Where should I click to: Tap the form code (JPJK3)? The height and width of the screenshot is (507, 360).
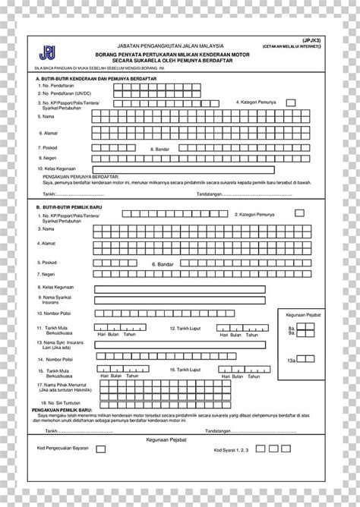pyautogui.click(x=312, y=39)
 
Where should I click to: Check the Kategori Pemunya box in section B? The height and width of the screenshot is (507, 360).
pyautogui.click(x=300, y=213)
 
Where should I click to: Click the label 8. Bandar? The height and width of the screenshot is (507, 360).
pyautogui.click(x=160, y=150)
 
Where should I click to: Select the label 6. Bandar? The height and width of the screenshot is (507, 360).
pyautogui.click(x=163, y=263)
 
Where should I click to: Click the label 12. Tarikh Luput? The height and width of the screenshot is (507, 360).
pyautogui.click(x=185, y=328)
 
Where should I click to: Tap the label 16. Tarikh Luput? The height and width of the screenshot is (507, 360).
pyautogui.click(x=185, y=370)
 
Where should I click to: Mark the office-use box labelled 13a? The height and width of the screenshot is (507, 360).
pyautogui.click(x=302, y=360)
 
